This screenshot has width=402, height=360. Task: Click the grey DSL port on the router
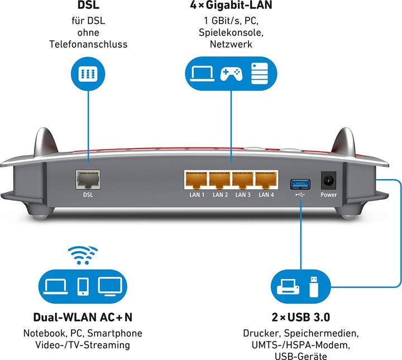click(88, 181)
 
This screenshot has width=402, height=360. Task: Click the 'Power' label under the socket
click(329, 195)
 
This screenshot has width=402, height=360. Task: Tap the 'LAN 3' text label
click(243, 195)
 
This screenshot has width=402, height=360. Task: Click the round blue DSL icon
click(88, 74)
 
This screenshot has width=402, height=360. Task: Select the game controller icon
click(231, 73)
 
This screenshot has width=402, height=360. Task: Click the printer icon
click(287, 286)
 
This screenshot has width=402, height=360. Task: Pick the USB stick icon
click(314, 285)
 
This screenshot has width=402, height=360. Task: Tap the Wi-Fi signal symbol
click(83, 255)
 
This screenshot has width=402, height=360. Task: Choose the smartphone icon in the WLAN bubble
click(83, 285)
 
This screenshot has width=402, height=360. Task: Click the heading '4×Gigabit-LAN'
click(231, 7)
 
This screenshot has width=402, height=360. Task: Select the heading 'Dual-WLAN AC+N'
click(83, 318)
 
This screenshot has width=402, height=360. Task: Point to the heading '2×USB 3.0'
click(300, 318)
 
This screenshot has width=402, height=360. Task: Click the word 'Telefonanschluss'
click(88, 44)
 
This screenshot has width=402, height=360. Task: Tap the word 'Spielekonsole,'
click(231, 33)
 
